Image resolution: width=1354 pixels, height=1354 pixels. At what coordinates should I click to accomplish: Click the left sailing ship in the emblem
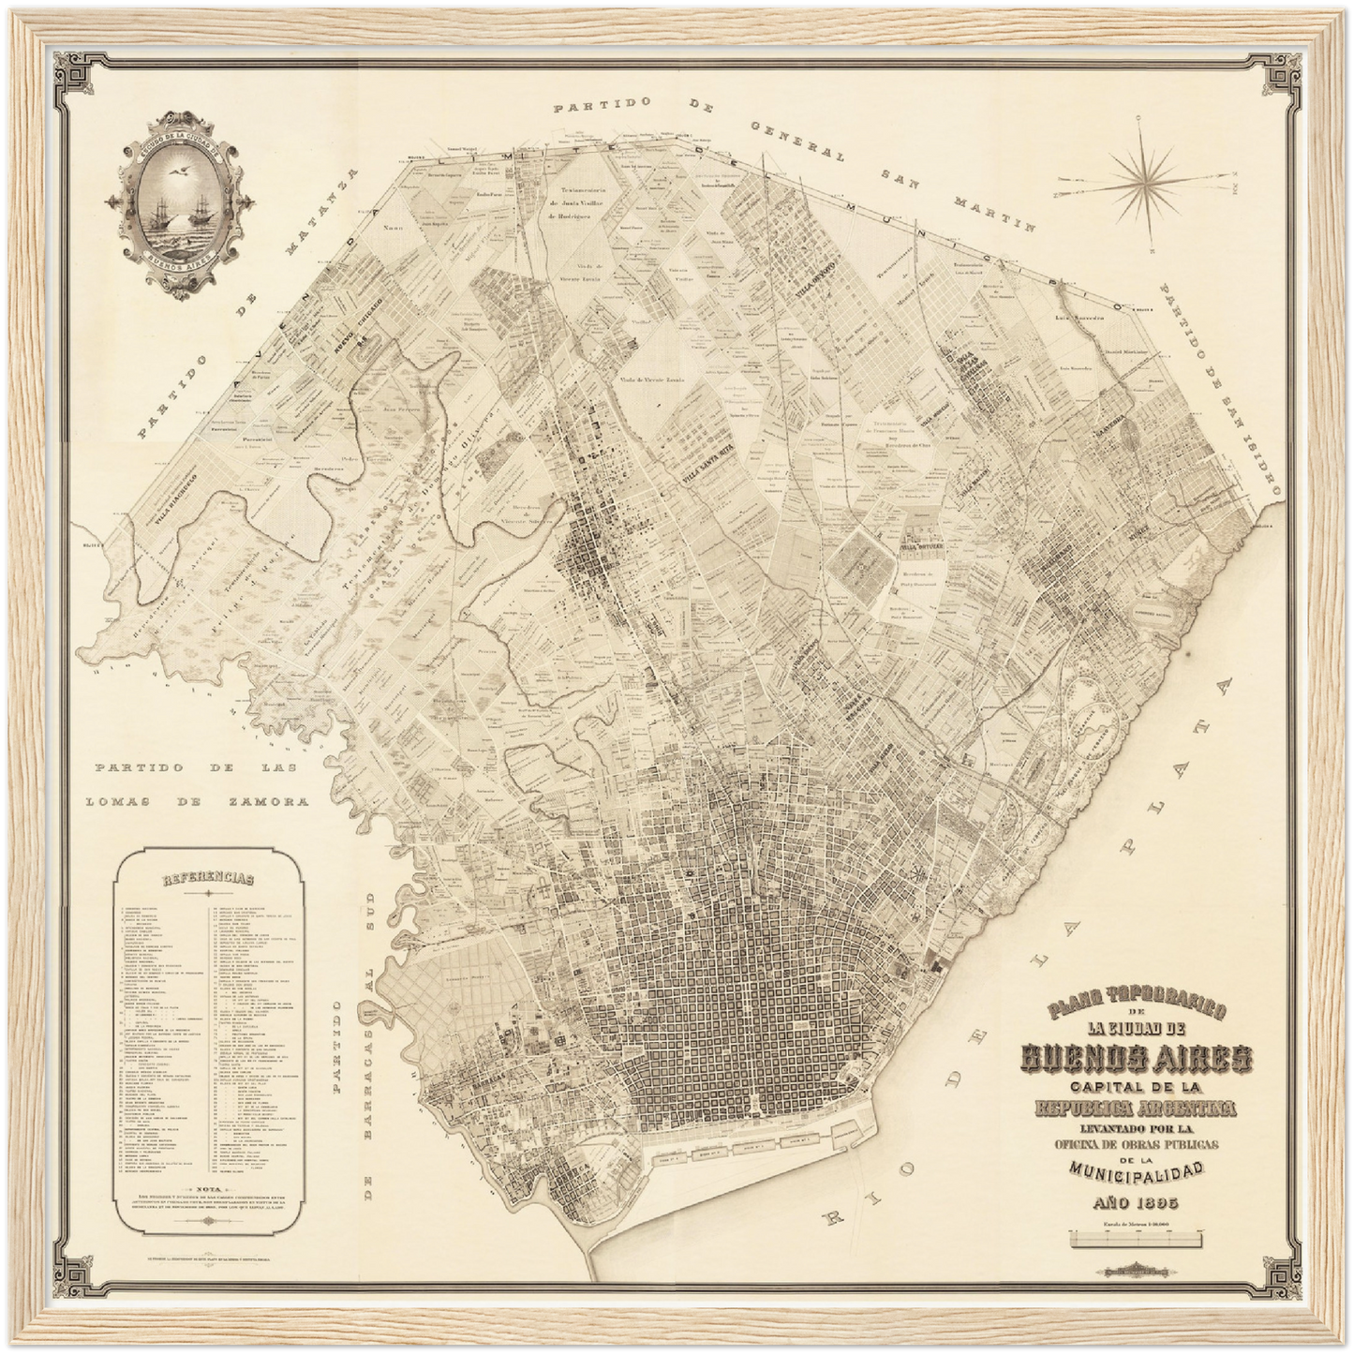pyautogui.click(x=156, y=215)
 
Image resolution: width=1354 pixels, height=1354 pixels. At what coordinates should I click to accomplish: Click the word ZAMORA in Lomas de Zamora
pyautogui.click(x=260, y=802)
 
